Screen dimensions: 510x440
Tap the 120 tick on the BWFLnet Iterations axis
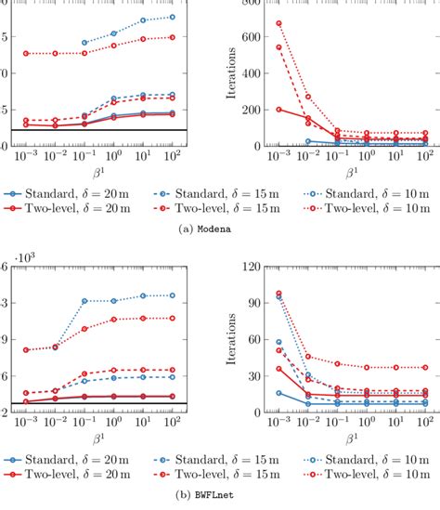pos(251,266)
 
